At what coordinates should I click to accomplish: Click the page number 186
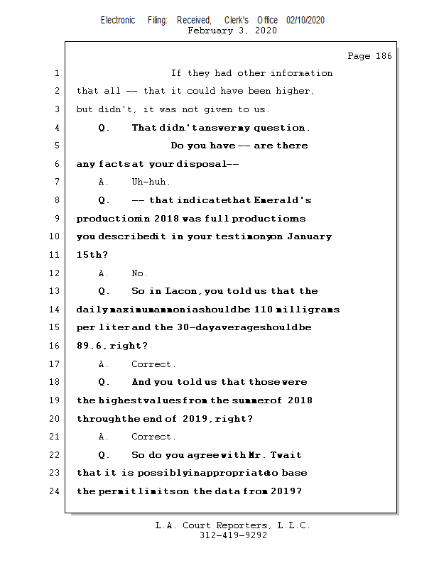pos(382,56)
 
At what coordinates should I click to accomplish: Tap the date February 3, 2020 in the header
pos(232,31)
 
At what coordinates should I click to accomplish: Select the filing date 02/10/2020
pos(305,20)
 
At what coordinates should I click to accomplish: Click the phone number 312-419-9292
pos(233,535)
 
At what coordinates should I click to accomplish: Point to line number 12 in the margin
pos(55,273)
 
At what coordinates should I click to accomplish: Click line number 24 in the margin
pos(55,491)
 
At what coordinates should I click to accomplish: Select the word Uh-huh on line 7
pos(151,182)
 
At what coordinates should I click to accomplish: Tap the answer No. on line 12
pos(139,273)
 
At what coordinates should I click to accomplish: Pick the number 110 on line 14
pos(264,310)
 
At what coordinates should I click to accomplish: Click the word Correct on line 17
pos(153,364)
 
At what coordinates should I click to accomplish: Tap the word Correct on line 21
pos(153,437)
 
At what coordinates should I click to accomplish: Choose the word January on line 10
pos(309,236)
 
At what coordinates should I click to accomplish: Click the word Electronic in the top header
pos(118,20)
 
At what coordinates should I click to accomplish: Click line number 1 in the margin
pos(56,73)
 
